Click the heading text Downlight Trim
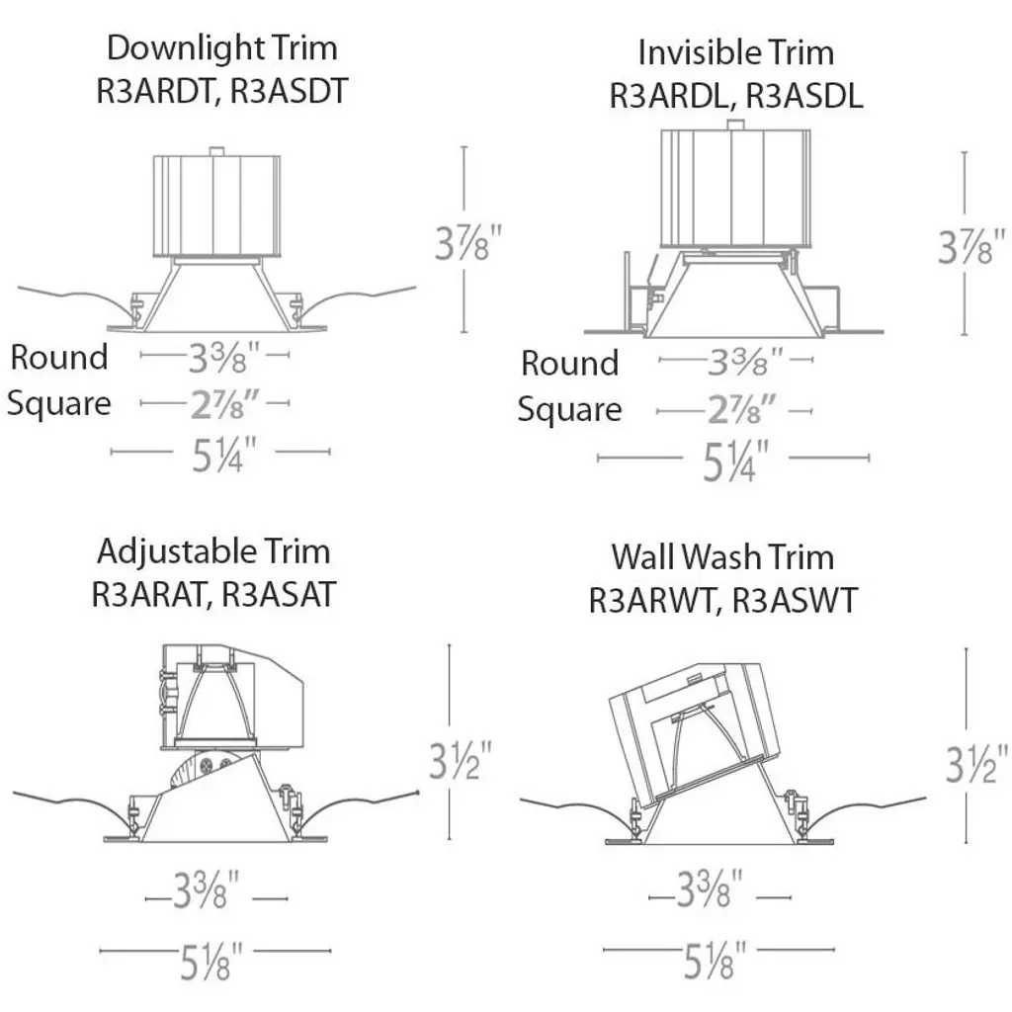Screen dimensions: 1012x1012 [x=221, y=47]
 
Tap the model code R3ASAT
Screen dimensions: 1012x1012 [x=279, y=594]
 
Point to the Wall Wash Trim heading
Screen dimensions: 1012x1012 [x=722, y=556]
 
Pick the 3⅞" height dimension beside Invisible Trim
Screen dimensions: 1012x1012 [x=971, y=246]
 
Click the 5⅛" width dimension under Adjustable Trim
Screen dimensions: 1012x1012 [x=207, y=963]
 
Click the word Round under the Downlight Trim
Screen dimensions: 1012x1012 [x=59, y=357]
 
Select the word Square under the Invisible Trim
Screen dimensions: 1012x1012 [x=570, y=408]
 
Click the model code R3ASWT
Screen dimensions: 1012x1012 [x=795, y=600]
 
